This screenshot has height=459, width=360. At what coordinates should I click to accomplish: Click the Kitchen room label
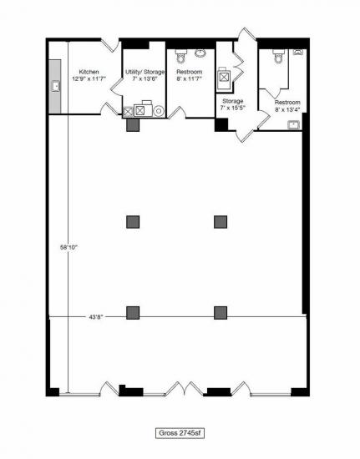click(89, 72)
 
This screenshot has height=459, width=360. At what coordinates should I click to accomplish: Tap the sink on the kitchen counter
click(56, 86)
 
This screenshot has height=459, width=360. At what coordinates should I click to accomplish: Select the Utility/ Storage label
click(145, 72)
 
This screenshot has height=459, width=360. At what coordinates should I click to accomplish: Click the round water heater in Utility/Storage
click(159, 111)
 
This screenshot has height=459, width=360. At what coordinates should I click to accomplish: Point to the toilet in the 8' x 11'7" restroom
click(180, 56)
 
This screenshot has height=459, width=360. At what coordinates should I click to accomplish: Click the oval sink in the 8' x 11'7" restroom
click(200, 53)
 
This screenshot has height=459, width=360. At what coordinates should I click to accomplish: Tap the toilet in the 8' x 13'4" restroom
click(278, 56)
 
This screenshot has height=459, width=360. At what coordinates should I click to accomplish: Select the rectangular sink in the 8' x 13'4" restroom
click(294, 125)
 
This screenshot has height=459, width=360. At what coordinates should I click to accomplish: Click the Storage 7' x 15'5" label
click(232, 104)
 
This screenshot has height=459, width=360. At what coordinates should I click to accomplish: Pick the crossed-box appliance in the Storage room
click(224, 78)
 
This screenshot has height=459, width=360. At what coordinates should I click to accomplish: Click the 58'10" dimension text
click(68, 247)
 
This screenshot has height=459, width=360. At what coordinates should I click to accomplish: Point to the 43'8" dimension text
click(96, 317)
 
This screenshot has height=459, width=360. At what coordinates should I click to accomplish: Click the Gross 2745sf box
click(180, 433)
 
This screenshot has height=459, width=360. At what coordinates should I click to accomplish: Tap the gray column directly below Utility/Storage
click(133, 124)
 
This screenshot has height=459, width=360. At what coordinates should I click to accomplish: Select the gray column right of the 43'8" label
click(133, 313)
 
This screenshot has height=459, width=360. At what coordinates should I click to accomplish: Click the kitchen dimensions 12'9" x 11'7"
click(89, 78)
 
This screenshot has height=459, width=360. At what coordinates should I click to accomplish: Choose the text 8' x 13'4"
click(287, 109)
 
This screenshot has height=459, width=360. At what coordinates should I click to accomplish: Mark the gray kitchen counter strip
click(55, 87)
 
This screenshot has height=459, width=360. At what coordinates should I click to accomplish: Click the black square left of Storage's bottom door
click(221, 124)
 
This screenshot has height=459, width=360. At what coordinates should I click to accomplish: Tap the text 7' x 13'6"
click(145, 78)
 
